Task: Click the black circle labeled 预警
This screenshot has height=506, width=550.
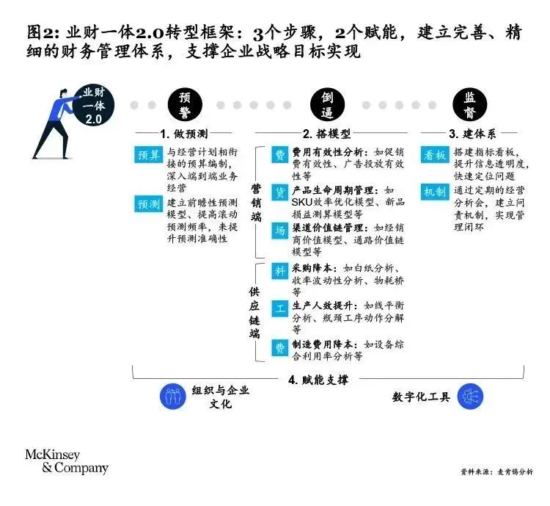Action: click(x=185, y=104)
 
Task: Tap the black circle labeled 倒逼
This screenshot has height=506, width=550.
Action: click(x=327, y=104)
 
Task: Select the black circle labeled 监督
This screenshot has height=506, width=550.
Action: click(x=469, y=104)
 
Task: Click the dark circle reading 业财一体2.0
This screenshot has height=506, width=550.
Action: click(x=94, y=105)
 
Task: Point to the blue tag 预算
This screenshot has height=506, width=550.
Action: click(x=148, y=155)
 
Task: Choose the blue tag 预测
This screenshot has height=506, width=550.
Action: click(x=148, y=204)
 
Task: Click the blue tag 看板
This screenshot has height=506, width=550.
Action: click(x=435, y=155)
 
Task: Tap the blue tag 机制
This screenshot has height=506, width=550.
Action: click(x=435, y=192)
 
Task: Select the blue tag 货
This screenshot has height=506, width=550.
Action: click(x=279, y=192)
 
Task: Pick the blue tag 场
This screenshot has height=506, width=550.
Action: click(x=279, y=231)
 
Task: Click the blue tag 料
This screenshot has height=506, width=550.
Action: click(x=279, y=271)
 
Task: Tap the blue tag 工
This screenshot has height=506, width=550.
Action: click(x=279, y=309)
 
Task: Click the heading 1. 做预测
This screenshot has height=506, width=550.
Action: click(x=184, y=134)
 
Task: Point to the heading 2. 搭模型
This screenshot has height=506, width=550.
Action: click(x=326, y=134)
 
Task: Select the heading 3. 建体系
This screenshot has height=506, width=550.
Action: click(x=472, y=134)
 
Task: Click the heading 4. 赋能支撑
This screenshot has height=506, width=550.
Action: click(x=318, y=380)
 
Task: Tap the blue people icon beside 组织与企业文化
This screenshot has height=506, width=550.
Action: click(x=172, y=397)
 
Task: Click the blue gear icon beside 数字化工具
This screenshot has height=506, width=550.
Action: click(x=470, y=397)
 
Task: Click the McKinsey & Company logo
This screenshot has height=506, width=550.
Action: click(x=67, y=461)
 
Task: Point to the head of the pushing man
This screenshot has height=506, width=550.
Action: click(x=63, y=94)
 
